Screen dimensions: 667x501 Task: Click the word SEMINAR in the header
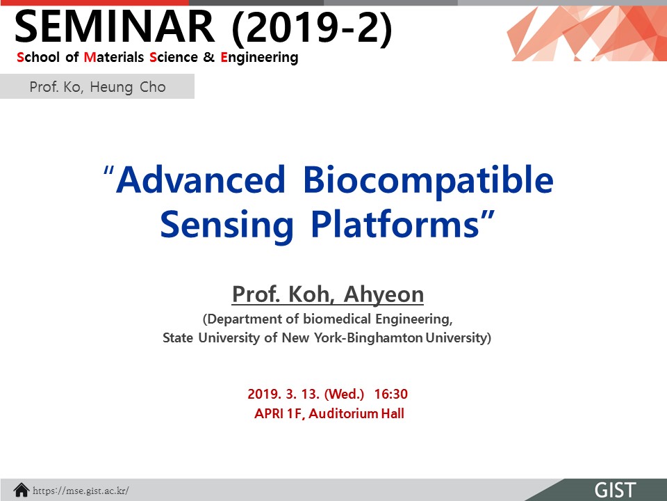pos(115,26)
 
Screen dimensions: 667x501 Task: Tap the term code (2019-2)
pos(312,28)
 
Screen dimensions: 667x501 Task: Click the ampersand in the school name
pos(209,56)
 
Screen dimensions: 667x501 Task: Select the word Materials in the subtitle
pos(114,56)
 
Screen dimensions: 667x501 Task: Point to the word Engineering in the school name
pos(259,58)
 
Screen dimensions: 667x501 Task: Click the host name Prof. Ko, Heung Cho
pos(97,87)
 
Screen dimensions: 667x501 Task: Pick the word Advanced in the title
pos(200,180)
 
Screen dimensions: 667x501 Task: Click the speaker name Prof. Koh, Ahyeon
pos(328,294)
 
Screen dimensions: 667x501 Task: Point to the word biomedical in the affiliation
pos(338,319)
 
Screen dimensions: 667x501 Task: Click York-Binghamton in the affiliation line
pos(368,338)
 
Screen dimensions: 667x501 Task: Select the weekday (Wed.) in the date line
pos(344,394)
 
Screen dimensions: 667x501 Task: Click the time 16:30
pos(391,394)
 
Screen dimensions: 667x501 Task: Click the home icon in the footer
pos(22,491)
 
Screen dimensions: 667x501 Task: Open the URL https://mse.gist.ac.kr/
pos(81,491)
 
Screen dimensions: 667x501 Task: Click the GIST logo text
pos(616,490)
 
